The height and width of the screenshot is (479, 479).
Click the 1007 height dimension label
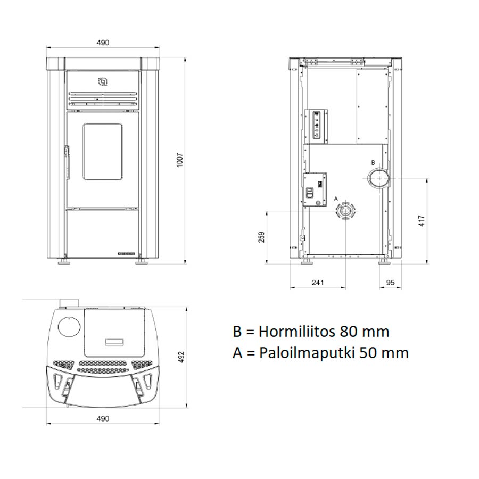(180, 160)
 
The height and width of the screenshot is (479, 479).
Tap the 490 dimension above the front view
(103, 43)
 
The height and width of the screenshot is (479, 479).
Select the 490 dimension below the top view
(103, 418)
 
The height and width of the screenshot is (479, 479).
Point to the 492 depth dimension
(181, 357)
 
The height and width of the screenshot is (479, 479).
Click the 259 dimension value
(261, 237)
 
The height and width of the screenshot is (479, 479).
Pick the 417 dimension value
(422, 221)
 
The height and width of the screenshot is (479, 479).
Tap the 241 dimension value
(318, 283)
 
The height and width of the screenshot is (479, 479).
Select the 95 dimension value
(391, 283)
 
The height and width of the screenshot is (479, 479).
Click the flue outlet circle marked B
(379, 178)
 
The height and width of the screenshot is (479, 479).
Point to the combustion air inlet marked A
(346, 211)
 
